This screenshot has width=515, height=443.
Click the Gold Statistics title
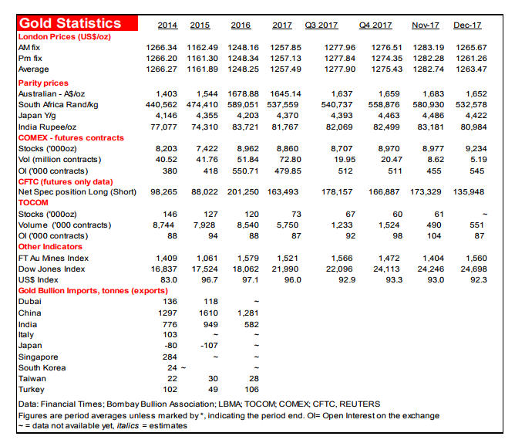(70, 23)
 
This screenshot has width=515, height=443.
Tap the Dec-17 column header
(467, 25)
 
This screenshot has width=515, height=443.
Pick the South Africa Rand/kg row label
(59, 104)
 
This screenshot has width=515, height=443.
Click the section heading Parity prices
(43, 83)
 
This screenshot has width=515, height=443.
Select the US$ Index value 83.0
(168, 279)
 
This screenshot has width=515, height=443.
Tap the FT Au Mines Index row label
(55, 258)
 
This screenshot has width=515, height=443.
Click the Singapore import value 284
(170, 357)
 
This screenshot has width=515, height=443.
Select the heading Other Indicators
(50, 246)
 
